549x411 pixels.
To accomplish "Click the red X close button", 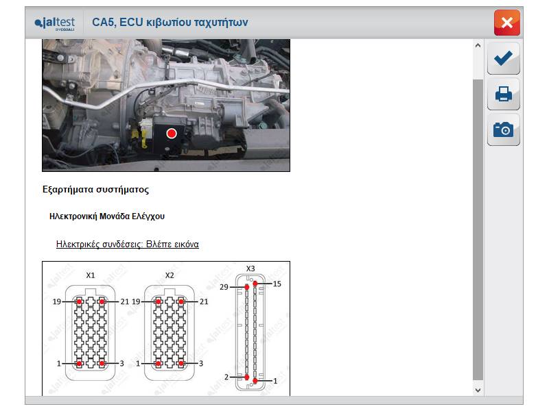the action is click(x=506, y=23).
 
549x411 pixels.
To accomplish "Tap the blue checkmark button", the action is click(x=503, y=58).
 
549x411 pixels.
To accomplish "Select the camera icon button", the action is click(x=503, y=129).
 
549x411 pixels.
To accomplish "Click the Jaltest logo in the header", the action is click(x=55, y=24).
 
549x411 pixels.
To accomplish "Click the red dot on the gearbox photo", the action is click(x=172, y=133).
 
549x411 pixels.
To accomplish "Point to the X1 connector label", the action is click(x=91, y=275).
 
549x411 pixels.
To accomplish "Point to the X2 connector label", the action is click(x=170, y=275).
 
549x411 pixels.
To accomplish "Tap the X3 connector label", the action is click(x=250, y=269).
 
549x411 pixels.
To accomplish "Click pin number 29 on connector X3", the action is click(x=224, y=287).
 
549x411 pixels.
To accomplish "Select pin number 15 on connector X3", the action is click(x=277, y=284).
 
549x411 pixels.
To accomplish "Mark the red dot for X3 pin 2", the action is click(x=247, y=377).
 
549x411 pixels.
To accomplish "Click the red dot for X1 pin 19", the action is click(x=80, y=301).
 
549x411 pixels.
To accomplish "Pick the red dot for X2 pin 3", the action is click(x=181, y=364).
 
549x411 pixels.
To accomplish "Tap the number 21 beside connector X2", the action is click(x=204, y=301).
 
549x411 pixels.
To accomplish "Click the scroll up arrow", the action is click(x=478, y=45).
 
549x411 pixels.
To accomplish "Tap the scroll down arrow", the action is click(x=478, y=390).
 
